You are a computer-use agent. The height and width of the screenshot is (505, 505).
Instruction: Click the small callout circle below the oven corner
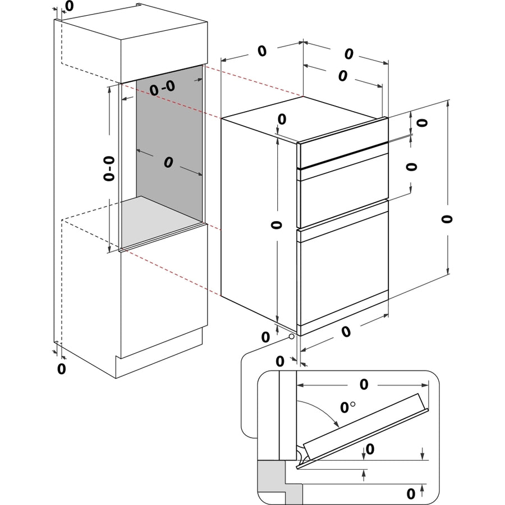pos(291,337)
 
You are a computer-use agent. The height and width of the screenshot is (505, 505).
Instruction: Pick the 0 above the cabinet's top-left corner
pos(68,6)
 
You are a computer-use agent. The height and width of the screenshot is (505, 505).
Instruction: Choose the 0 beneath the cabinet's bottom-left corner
pos(62,369)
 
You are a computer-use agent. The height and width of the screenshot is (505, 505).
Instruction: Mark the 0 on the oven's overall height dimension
pos(446,218)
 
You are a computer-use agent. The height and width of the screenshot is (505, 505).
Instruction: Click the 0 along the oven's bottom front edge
pos(346,332)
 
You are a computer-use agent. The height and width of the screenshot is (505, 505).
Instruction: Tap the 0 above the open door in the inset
pos(364,384)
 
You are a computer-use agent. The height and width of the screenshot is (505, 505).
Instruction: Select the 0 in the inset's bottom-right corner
pos(411,493)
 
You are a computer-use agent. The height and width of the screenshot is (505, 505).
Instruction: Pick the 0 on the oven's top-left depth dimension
pos(261,50)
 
